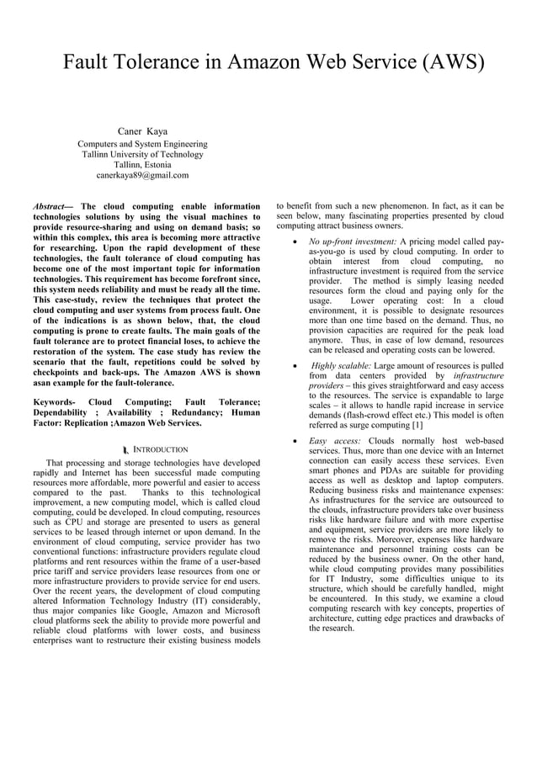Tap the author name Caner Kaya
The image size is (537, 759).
point(142,131)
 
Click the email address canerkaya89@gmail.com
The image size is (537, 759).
point(142,175)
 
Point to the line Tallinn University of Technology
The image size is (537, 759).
point(142,154)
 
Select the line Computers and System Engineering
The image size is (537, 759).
point(142,144)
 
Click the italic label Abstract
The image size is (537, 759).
point(49,206)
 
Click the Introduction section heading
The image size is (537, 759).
point(163,449)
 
